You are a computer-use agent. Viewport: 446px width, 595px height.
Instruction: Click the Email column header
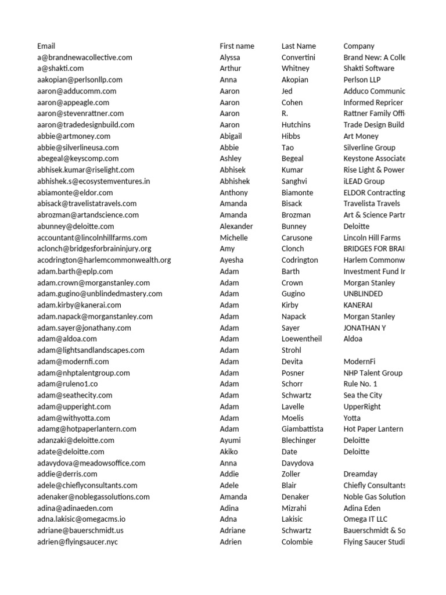click(46, 46)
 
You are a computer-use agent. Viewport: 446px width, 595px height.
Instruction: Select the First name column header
click(237, 46)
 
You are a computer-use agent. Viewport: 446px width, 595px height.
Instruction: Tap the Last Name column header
click(298, 46)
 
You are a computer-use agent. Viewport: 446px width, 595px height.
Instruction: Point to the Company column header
click(359, 46)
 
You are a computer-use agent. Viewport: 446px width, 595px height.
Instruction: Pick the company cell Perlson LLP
click(362, 80)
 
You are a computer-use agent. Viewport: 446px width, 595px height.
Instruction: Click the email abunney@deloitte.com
click(75, 226)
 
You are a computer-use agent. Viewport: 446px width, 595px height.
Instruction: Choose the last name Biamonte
click(297, 192)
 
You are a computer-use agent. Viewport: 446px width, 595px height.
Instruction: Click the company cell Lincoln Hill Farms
click(372, 238)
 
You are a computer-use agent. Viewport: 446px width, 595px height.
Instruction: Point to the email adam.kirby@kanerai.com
click(79, 305)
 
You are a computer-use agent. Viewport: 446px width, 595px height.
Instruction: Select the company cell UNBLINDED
click(363, 294)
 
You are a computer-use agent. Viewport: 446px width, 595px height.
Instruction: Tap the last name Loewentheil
click(301, 339)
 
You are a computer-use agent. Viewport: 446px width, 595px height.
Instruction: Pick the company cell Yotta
click(352, 418)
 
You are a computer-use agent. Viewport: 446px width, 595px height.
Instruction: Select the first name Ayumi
click(230, 440)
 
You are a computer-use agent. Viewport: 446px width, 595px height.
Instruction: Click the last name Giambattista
click(303, 429)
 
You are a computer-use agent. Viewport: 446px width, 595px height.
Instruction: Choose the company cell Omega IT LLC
click(365, 519)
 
